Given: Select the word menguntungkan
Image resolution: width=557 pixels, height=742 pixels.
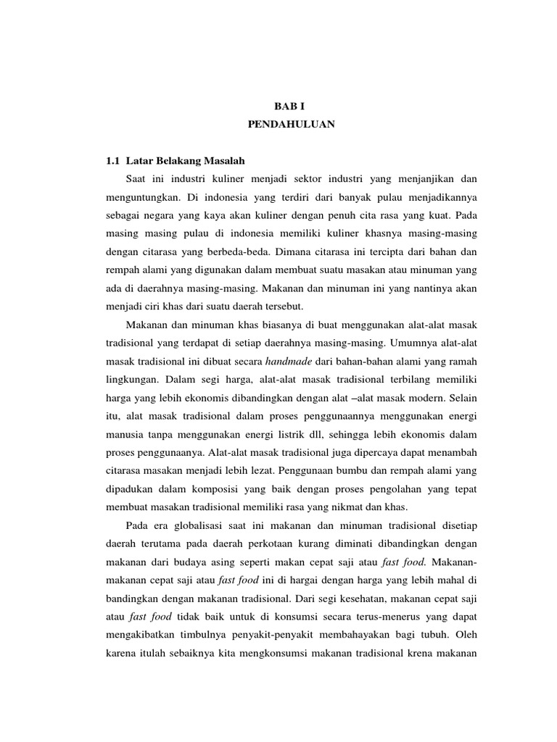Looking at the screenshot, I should pyautogui.click(x=141, y=198).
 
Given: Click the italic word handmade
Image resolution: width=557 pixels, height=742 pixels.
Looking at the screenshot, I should pyautogui.click(x=286, y=361).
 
